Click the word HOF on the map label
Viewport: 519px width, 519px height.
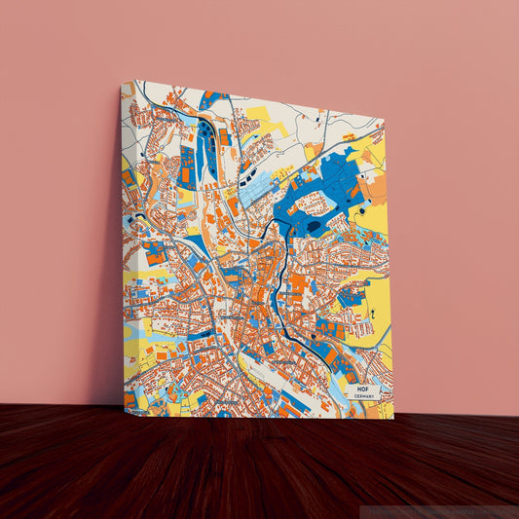pyautogui.click(x=363, y=389)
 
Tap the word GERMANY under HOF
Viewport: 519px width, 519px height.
pyautogui.click(x=363, y=397)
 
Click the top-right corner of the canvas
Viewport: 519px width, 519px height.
pyautogui.click(x=383, y=120)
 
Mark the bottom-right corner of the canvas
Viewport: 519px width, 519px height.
pyautogui.click(x=393, y=418)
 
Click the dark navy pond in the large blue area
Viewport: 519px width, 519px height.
pyautogui.click(x=314, y=226)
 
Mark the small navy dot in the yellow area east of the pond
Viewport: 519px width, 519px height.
pyautogui.click(x=361, y=209)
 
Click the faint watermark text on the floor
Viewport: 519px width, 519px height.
pyautogui.click(x=438, y=510)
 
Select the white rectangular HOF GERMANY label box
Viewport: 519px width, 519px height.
pyautogui.click(x=363, y=392)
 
